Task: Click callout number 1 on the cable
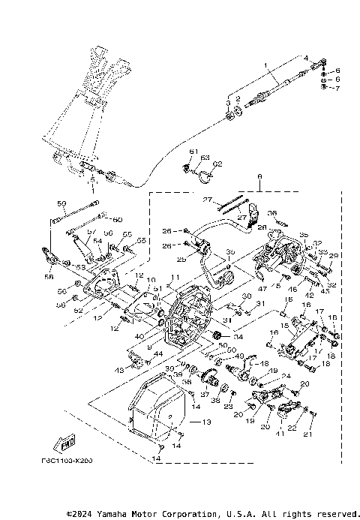pyautogui.click(x=265, y=67)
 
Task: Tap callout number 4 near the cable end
pyautogui.click(x=305, y=58)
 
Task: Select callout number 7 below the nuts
pyautogui.click(x=337, y=89)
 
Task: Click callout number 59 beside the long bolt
pyautogui.click(x=62, y=203)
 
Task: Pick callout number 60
pyautogui.click(x=118, y=219)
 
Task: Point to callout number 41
pyautogui.click(x=280, y=434)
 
